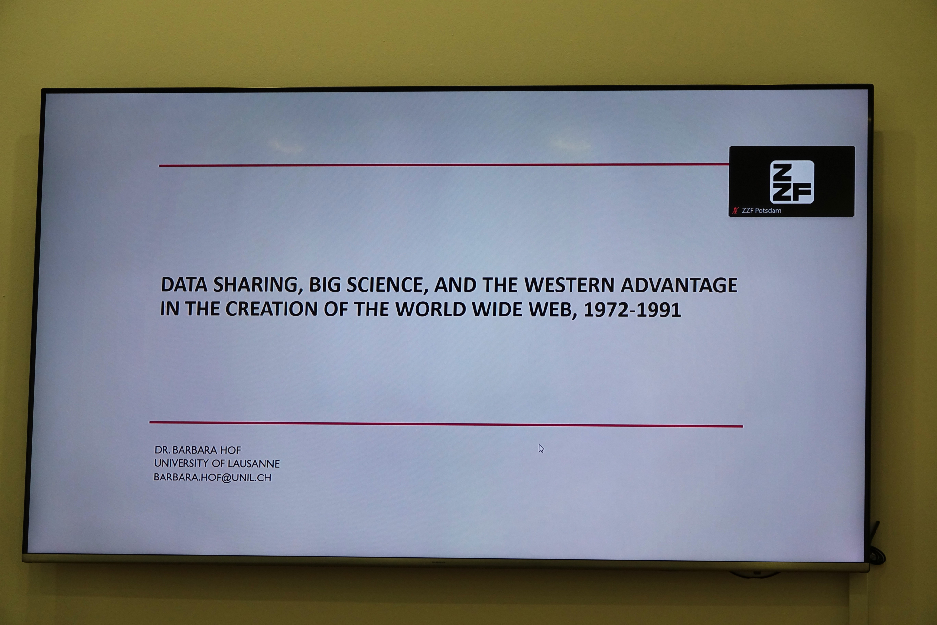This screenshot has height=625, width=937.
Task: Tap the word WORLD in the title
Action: click(x=429, y=309)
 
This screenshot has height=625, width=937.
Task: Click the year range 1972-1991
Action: click(x=632, y=310)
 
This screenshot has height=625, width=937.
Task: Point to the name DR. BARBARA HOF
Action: click(x=198, y=450)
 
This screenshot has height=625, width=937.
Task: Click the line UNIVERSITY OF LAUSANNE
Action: click(x=217, y=463)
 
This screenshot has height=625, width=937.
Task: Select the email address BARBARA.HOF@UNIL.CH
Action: click(x=212, y=478)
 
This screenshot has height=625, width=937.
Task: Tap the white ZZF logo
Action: click(x=792, y=182)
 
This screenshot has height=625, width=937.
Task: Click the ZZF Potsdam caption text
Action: click(x=761, y=211)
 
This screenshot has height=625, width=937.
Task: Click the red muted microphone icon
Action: click(x=735, y=211)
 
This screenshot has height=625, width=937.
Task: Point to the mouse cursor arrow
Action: click(x=541, y=448)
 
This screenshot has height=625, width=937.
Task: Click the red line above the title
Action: click(x=444, y=165)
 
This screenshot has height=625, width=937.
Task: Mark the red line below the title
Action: click(x=446, y=424)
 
